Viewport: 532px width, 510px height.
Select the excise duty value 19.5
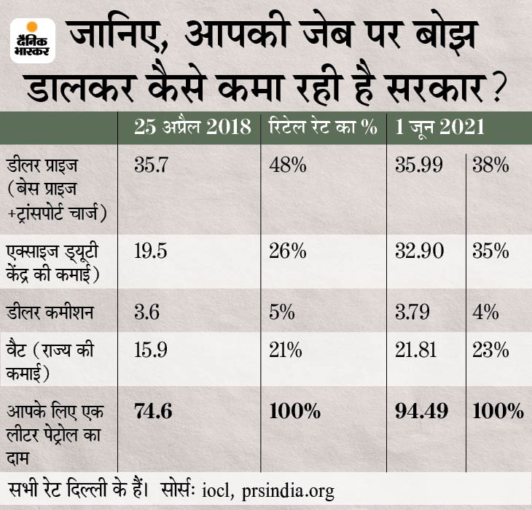pos(152,252)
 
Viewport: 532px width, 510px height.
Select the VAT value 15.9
pos(152,350)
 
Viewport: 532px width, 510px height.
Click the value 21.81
pos(415,350)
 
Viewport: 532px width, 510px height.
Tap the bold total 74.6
pos(154,411)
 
